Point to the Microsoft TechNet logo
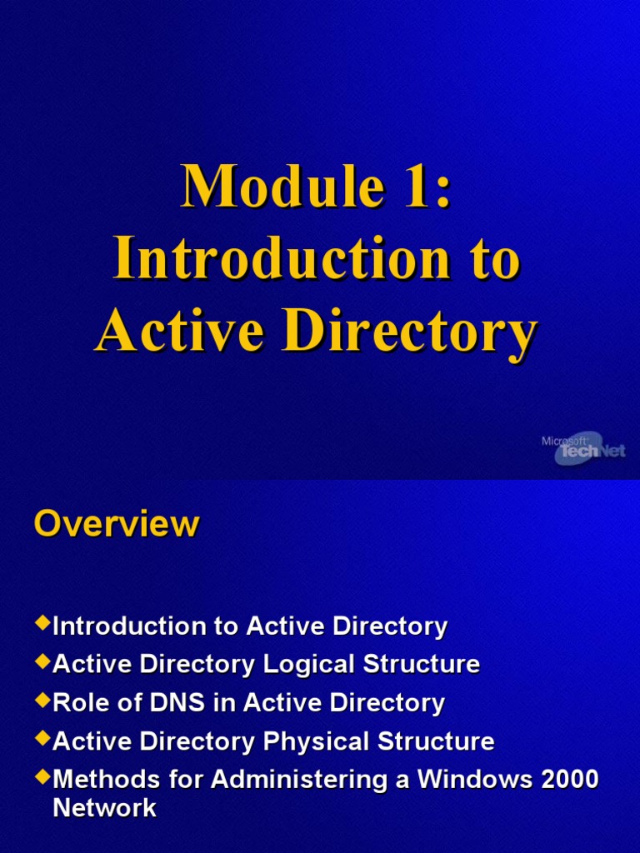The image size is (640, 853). pyautogui.click(x=589, y=449)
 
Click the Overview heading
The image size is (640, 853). pyautogui.click(x=117, y=524)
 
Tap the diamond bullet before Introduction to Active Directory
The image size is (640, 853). pyautogui.click(x=42, y=623)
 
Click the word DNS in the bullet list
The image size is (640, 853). pyautogui.click(x=184, y=702)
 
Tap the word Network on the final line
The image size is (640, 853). pyautogui.click(x=104, y=807)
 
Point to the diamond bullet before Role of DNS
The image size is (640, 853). pyautogui.click(x=42, y=700)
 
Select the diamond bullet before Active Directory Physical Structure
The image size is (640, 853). pyautogui.click(x=42, y=738)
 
